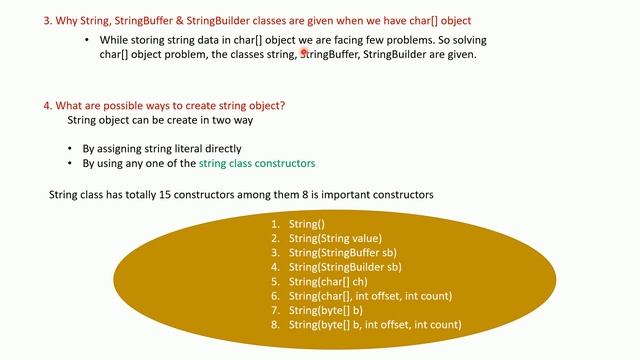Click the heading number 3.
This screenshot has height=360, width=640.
pyautogui.click(x=47, y=20)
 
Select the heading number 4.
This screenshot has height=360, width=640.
pyautogui.click(x=47, y=106)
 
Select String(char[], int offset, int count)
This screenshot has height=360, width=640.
pyautogui.click(x=370, y=296)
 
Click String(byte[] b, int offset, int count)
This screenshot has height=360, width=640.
pyautogui.click(x=374, y=324)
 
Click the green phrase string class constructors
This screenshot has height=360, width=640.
pyautogui.click(x=257, y=162)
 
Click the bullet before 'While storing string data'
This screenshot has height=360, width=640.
pyautogui.click(x=88, y=40)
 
